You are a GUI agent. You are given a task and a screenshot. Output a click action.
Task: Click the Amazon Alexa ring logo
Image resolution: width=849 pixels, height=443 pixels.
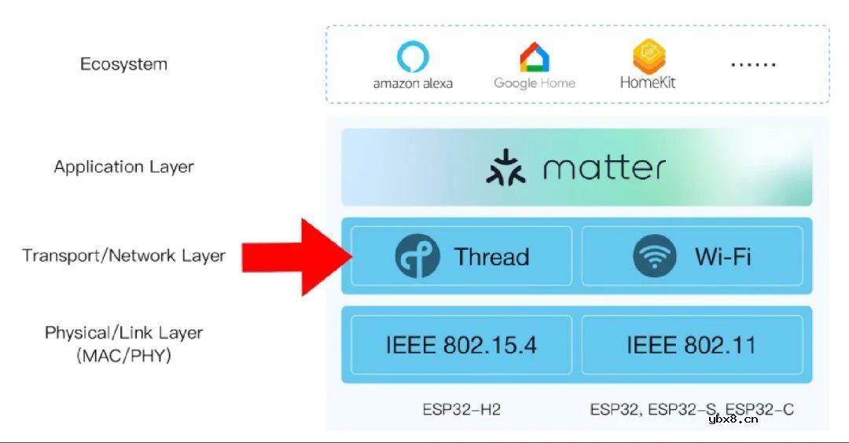click(x=413, y=57)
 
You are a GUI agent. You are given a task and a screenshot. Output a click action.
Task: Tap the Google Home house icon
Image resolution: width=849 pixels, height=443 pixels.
click(x=535, y=57)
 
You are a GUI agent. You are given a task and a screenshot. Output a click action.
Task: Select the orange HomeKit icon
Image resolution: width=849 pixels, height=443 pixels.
click(x=649, y=57)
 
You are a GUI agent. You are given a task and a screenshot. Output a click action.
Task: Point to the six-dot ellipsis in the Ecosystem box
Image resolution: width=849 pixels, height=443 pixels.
click(x=753, y=64)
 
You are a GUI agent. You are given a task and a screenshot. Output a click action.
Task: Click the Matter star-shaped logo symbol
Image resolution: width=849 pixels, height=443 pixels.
click(x=505, y=167)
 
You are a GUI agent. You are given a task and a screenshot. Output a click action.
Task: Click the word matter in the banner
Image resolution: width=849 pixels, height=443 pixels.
click(x=605, y=167)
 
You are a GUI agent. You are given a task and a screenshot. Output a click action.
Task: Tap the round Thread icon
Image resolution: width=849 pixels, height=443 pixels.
click(x=417, y=256)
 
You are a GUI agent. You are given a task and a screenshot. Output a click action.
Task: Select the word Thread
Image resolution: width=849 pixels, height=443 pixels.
click(x=491, y=256)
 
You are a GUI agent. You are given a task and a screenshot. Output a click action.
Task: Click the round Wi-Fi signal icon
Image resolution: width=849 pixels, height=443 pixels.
click(x=655, y=256)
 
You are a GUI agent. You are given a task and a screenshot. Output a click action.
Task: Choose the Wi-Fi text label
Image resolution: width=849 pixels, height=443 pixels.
click(x=723, y=256)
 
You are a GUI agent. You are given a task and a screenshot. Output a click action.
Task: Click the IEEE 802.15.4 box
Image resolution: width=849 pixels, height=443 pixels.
click(x=461, y=345)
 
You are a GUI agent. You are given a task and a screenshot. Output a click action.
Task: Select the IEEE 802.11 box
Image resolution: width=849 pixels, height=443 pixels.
click(x=692, y=345)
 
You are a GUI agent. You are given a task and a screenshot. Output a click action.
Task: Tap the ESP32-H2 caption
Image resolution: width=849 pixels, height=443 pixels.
click(x=461, y=409)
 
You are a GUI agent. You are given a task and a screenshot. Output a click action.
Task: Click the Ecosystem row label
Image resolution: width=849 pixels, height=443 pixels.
click(x=124, y=64)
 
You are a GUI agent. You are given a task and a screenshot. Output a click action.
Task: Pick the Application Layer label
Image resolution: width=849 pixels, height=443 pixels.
click(x=124, y=167)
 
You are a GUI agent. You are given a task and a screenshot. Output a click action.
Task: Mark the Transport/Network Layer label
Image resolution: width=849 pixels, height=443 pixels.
click(x=124, y=255)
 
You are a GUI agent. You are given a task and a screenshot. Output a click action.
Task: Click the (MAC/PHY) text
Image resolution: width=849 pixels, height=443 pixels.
click(x=124, y=355)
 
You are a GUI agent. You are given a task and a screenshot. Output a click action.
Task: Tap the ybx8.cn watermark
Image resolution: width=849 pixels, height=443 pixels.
click(x=733, y=419)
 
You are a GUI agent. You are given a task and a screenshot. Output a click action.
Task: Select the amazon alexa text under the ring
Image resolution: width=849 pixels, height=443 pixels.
click(x=413, y=83)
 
